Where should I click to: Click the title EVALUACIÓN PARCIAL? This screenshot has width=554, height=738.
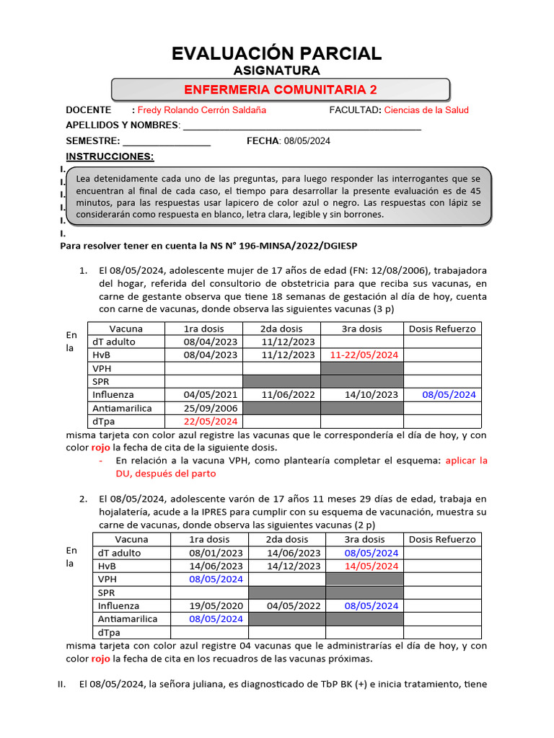[277, 53]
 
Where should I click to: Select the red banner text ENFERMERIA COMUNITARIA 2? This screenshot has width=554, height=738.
[281, 89]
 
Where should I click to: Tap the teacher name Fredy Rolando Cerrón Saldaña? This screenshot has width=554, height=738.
[201, 110]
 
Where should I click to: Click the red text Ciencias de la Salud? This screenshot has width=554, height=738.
[426, 110]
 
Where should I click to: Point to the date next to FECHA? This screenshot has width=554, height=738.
[307, 141]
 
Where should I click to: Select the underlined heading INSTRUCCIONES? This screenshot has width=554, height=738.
[110, 156]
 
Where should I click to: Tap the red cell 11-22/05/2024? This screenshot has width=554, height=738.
[364, 355]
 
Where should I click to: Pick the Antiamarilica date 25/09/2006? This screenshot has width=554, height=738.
[210, 408]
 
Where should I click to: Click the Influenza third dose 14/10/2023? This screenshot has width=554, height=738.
[371, 395]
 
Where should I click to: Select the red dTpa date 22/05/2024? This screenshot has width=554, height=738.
[210, 421]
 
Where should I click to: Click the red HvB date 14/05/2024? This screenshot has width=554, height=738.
[371, 566]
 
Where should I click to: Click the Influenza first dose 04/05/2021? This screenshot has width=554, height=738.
[210, 395]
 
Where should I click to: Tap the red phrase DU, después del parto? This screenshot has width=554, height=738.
[166, 474]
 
